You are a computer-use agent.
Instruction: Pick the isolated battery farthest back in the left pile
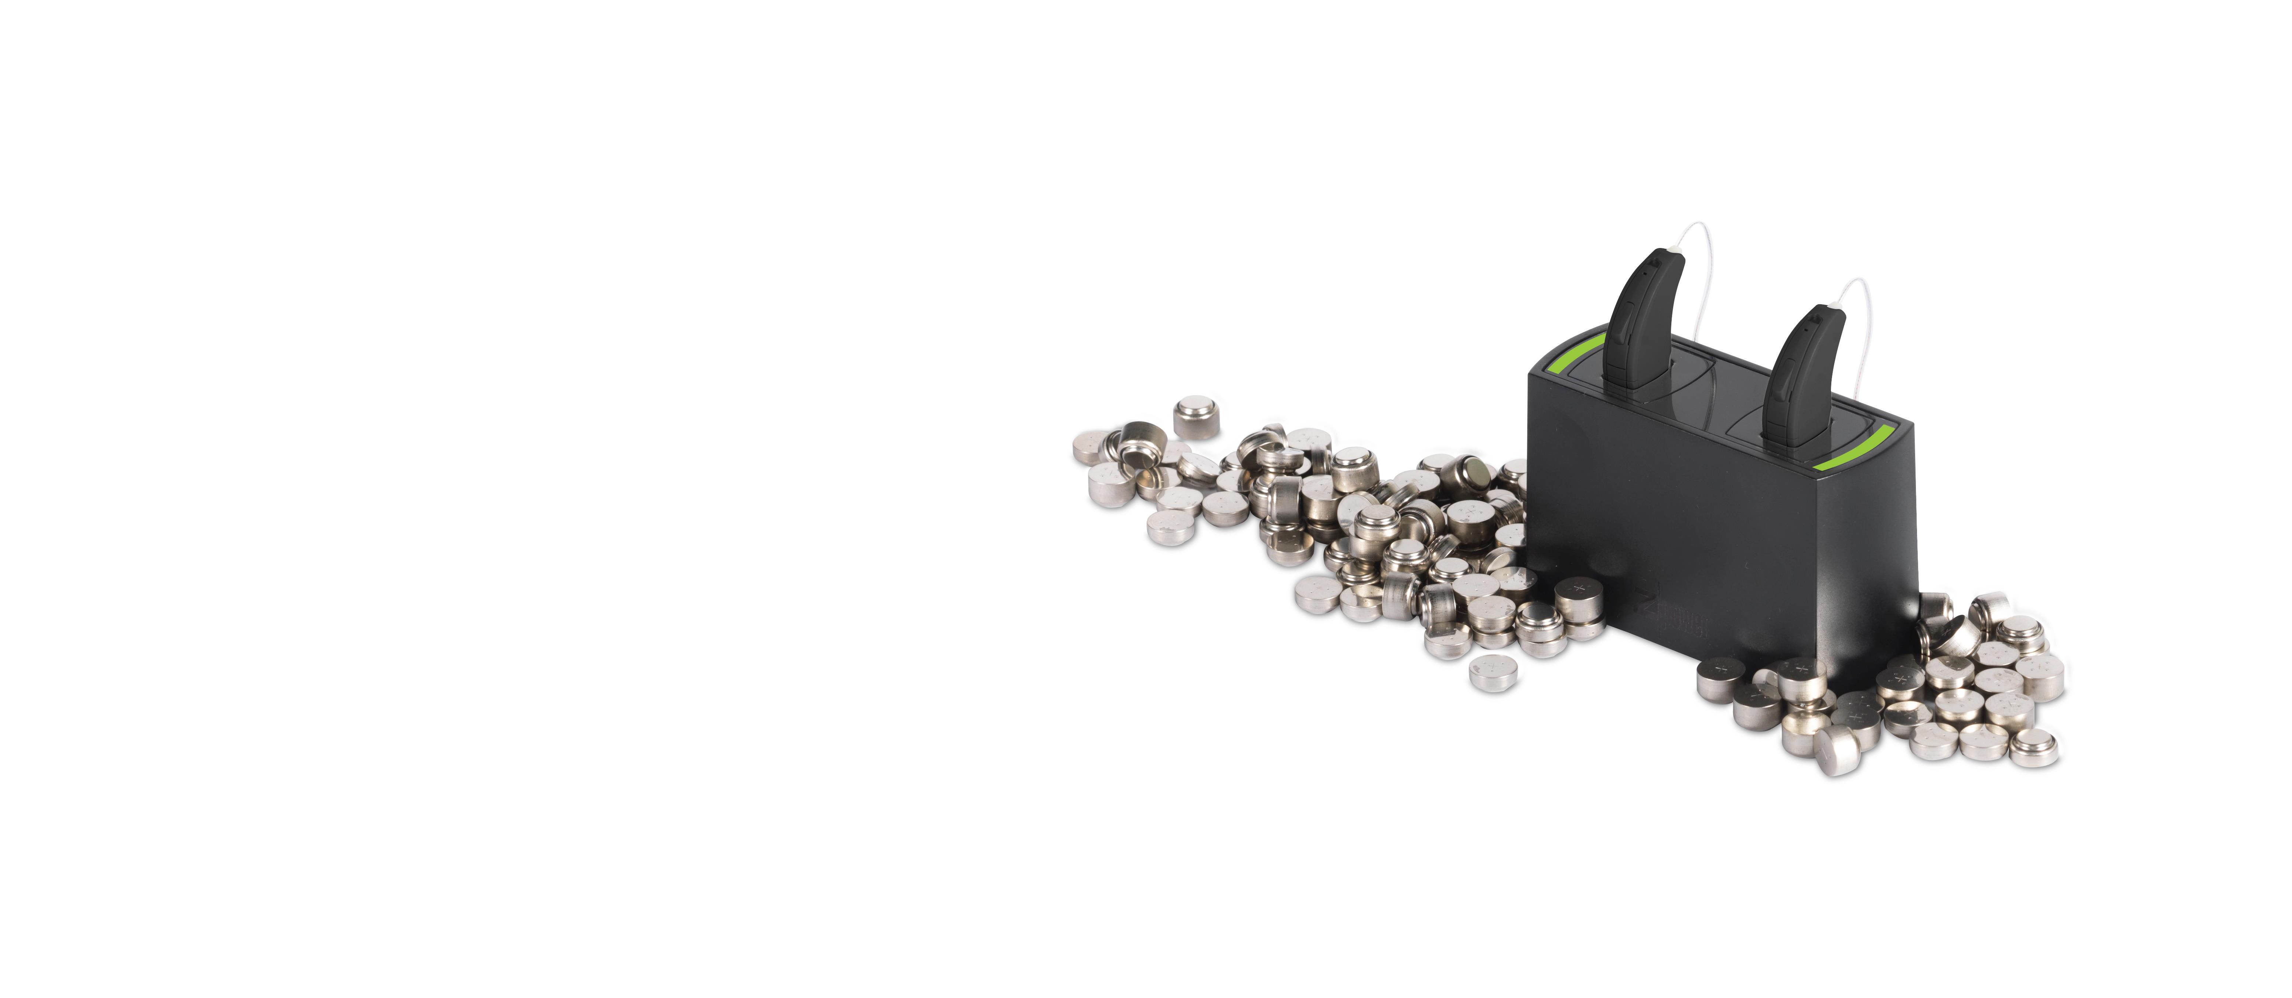tap(1197, 417)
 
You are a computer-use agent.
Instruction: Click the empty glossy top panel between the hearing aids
tap(1730, 392)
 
